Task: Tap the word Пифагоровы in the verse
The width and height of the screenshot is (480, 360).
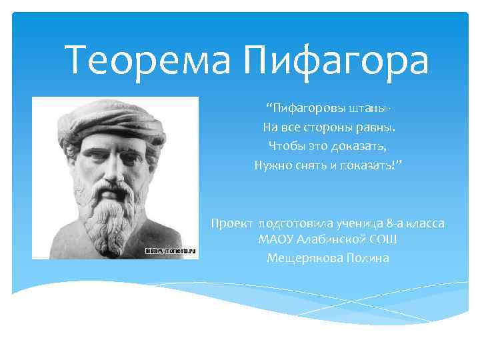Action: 304,108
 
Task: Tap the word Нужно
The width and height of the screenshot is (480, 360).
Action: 273,165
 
